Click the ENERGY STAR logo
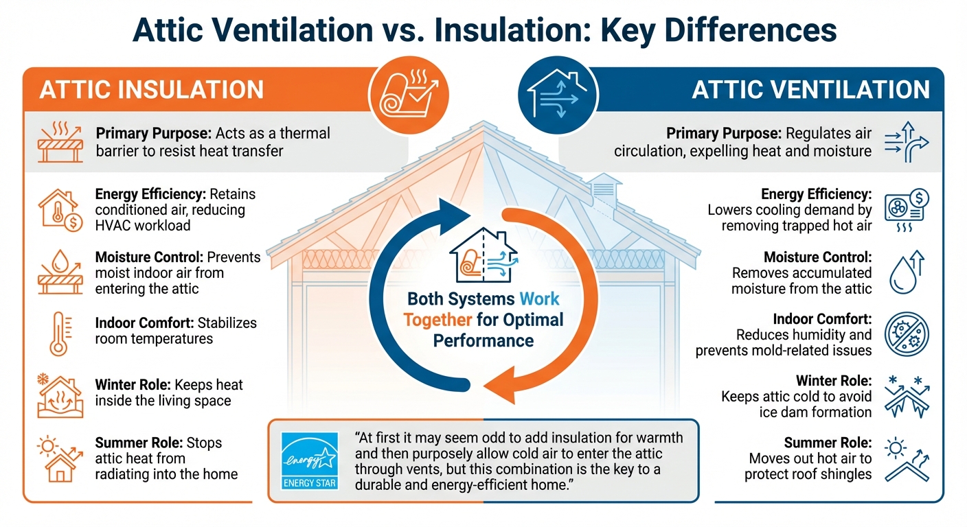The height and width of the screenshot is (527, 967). click(x=311, y=461)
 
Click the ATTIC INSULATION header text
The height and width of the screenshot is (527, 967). click(x=152, y=90)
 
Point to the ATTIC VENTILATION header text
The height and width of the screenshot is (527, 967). click(x=810, y=90)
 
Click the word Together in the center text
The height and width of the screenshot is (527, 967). click(x=437, y=320)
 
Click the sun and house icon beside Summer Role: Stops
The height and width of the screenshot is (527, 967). click(x=58, y=458)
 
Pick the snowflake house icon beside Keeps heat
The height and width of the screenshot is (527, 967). click(x=60, y=397)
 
